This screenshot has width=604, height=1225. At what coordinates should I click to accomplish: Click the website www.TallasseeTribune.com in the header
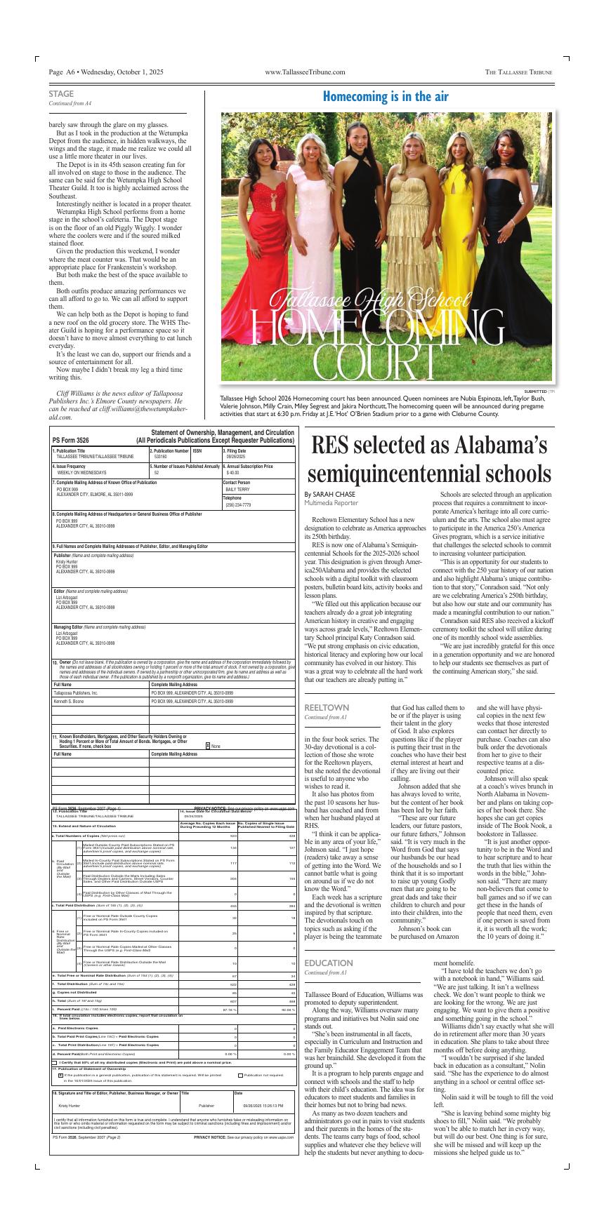[x=305, y=72]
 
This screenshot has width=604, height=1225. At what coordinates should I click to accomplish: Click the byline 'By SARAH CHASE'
[x=330, y=495]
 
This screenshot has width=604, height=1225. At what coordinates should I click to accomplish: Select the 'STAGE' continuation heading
[x=61, y=94]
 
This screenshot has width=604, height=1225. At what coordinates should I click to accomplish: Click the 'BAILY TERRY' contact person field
[x=237, y=489]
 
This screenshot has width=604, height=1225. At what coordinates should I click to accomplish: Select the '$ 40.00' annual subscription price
[x=232, y=473]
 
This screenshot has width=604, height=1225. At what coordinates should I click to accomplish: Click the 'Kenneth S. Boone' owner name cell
[x=69, y=701]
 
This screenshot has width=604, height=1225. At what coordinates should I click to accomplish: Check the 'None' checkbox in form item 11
[x=207, y=746]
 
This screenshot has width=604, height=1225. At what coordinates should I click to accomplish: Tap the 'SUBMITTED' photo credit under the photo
[x=534, y=391]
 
